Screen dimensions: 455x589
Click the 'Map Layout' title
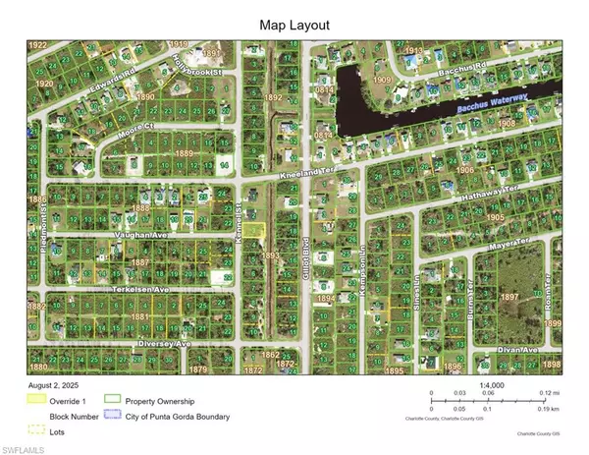tap(294, 24)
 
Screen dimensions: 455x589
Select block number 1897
tap(509, 296)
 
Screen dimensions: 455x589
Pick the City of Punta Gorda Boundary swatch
tap(112, 415)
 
